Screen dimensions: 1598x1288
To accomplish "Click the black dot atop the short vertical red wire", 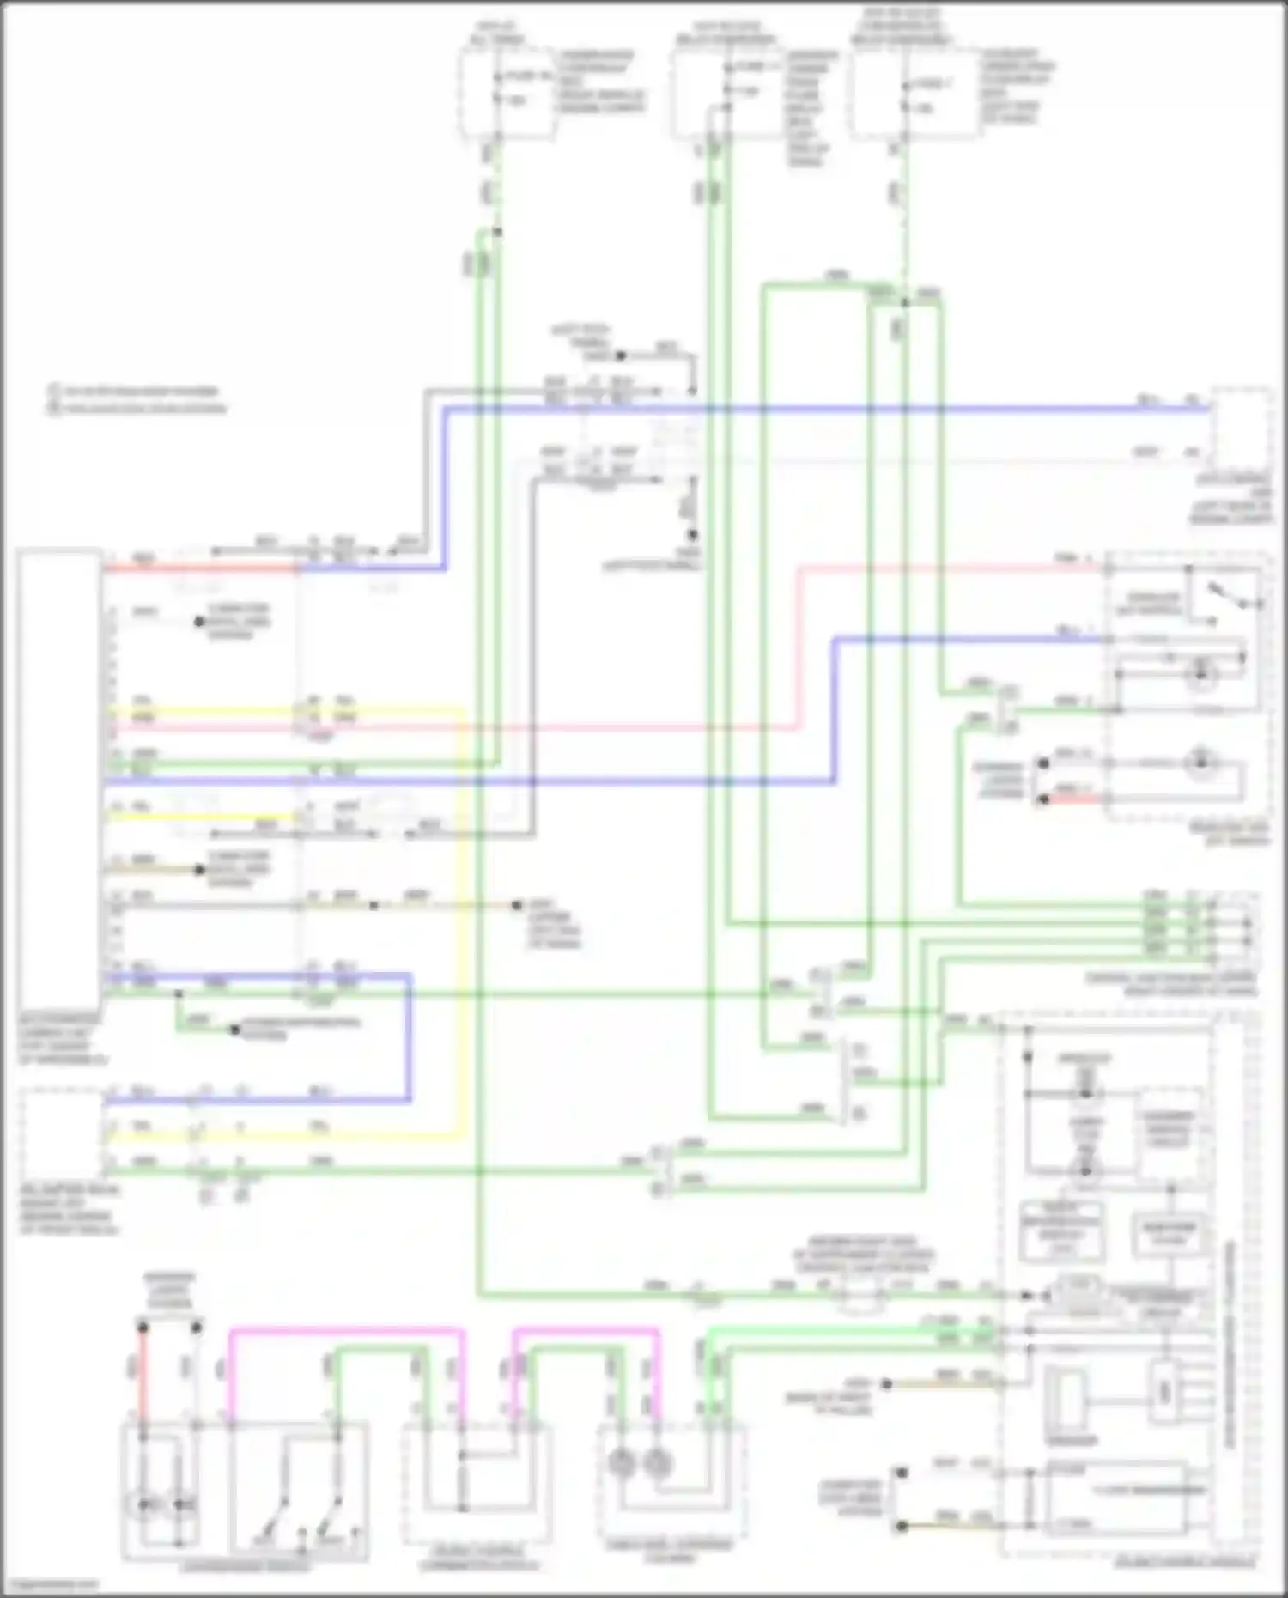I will pos(143,1328).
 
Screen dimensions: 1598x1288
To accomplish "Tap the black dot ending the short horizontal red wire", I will pos(1043,799).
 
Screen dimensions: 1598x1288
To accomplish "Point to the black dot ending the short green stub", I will pos(234,1029).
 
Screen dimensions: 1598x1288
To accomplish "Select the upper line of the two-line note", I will pos(137,392).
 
